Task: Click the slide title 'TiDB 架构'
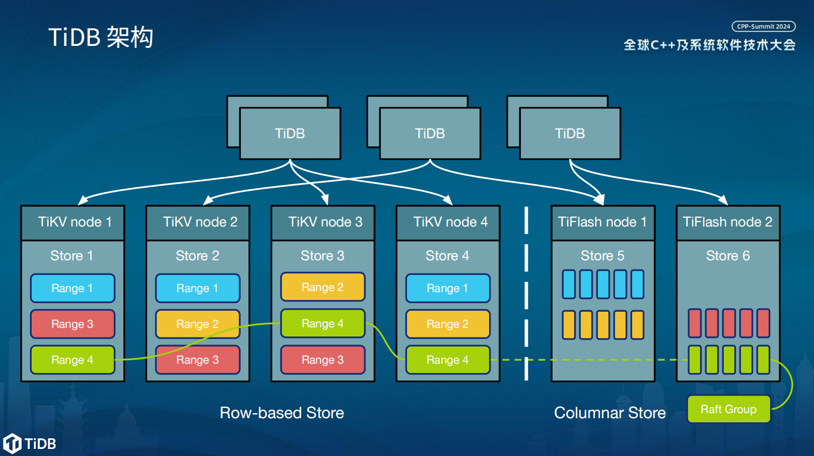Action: coord(101,37)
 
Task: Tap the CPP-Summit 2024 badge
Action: coord(764,27)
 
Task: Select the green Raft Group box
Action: coord(728,409)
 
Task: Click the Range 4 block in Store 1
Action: coord(73,360)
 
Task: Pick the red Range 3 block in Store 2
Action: coord(197,360)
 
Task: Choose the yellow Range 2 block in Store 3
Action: coord(323,287)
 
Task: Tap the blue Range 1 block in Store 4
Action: coord(448,288)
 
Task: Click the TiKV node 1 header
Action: coord(73,222)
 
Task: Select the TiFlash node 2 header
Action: coord(728,222)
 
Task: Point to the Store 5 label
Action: coord(602,255)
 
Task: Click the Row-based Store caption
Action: coord(282,413)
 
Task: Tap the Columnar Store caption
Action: coord(610,413)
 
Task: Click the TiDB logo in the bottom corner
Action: coord(29,443)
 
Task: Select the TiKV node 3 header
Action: coord(323,222)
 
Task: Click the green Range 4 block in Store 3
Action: coord(323,323)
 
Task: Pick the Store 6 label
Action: coord(728,255)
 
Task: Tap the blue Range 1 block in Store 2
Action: coord(197,288)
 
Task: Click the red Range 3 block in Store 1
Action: coord(73,324)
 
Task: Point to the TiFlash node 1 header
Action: coord(603,222)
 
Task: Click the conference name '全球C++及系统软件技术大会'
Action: coord(710,45)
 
